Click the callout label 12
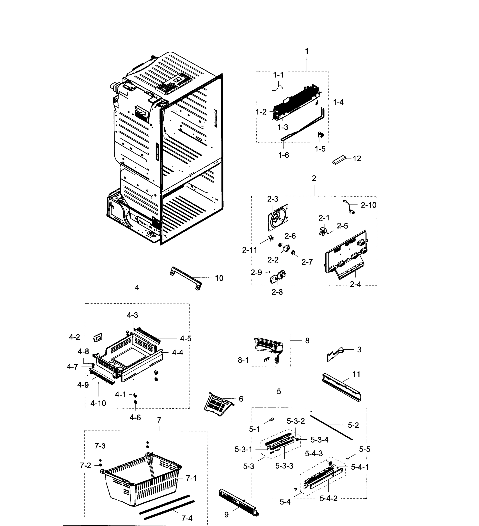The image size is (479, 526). click(x=357, y=159)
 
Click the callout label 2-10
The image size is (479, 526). click(x=368, y=205)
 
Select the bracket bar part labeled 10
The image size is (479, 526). click(x=186, y=278)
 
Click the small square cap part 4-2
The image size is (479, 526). click(x=98, y=338)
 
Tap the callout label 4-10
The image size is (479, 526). click(x=98, y=403)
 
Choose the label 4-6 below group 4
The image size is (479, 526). click(x=135, y=418)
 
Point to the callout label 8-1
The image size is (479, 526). click(x=243, y=360)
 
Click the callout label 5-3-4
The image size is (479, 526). click(x=319, y=440)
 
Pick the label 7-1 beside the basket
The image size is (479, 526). click(x=191, y=478)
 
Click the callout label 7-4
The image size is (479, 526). click(x=187, y=518)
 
